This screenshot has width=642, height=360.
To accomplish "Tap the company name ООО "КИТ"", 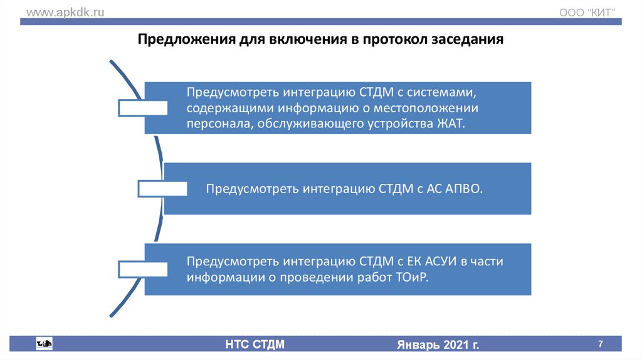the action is click(x=587, y=13).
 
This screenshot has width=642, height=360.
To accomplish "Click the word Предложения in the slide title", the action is click(x=185, y=40).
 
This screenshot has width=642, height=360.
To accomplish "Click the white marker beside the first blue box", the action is click(x=143, y=108).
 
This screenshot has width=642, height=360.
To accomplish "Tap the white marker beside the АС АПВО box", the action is click(x=162, y=188).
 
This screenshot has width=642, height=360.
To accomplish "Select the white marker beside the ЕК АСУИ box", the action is click(x=143, y=269).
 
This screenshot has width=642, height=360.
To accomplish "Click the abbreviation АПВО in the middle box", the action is click(x=465, y=188).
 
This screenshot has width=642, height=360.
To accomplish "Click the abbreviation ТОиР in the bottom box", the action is click(x=411, y=277).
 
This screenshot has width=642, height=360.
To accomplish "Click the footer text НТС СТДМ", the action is click(x=255, y=344).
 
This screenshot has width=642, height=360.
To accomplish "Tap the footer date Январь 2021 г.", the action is click(x=438, y=345).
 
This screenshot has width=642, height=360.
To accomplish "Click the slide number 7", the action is click(x=601, y=344).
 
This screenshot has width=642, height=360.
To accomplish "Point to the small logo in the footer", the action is click(x=44, y=343).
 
